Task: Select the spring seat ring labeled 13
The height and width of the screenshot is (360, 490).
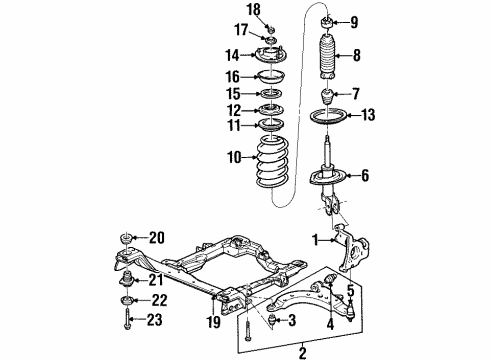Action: click(x=331, y=119)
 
